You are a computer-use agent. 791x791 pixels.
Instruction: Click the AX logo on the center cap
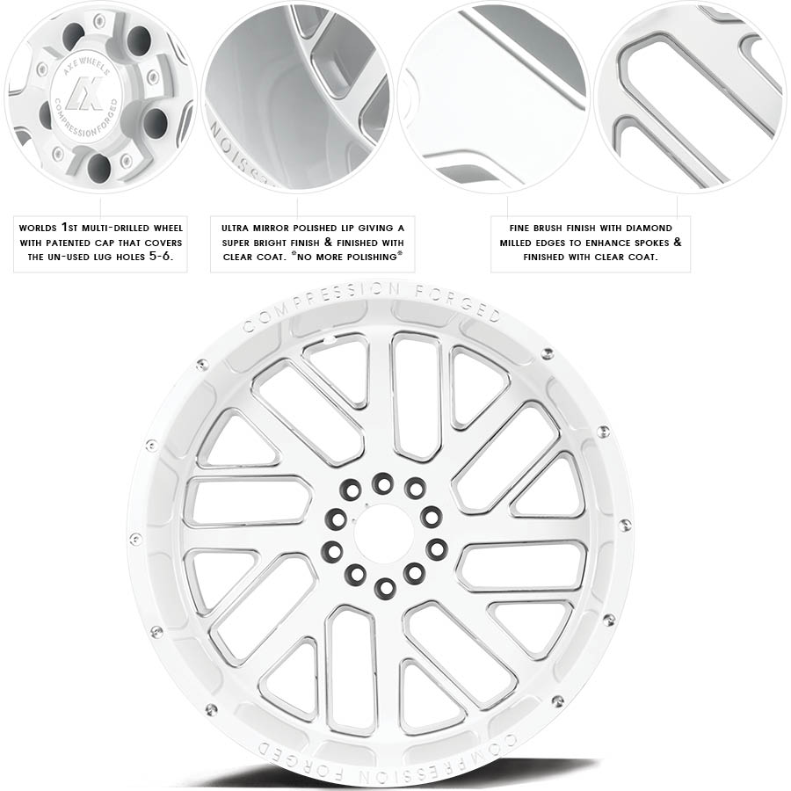(84, 93)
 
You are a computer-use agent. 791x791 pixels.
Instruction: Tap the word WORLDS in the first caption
(38, 229)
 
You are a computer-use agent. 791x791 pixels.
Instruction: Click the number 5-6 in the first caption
(161, 257)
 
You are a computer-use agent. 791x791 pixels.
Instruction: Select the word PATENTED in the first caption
(69, 243)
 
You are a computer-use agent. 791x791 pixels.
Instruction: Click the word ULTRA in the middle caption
(235, 229)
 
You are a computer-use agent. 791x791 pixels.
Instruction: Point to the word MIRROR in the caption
(271, 229)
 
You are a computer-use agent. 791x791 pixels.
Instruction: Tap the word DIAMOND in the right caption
(649, 229)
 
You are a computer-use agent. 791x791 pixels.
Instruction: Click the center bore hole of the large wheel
(384, 533)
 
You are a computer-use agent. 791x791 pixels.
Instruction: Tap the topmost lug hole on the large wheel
(382, 483)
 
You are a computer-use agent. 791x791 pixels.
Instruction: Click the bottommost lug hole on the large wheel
(385, 587)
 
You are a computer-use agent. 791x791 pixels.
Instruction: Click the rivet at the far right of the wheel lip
(625, 525)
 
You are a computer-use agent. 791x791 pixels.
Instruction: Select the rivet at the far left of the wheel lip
(135, 539)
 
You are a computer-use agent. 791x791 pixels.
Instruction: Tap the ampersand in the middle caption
(328, 243)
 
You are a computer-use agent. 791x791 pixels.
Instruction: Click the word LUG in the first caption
(104, 258)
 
